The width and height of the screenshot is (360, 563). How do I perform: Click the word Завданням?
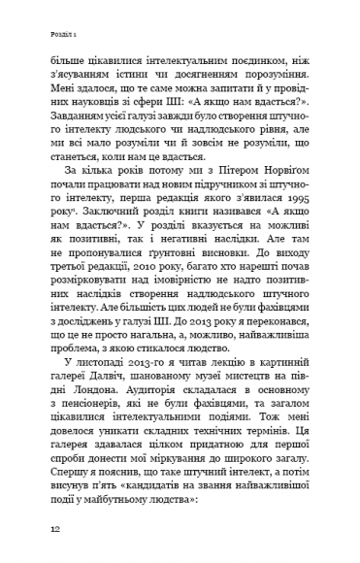(x=86, y=120)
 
